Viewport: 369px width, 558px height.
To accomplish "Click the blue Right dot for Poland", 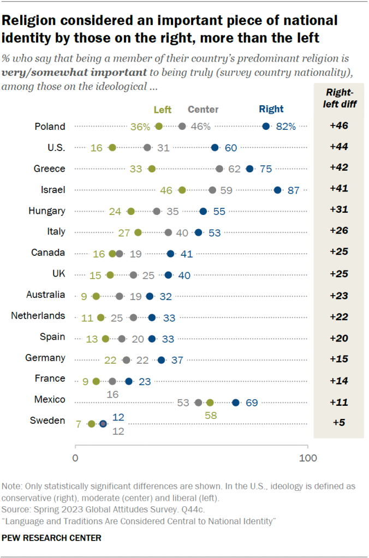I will click(x=266, y=127).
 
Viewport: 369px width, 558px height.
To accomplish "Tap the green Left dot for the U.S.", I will click(x=112, y=148).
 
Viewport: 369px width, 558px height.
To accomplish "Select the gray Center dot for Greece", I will click(x=219, y=169).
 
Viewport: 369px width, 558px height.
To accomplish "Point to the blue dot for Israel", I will click(x=277, y=190).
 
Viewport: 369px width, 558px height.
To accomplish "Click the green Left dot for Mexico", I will click(x=210, y=403).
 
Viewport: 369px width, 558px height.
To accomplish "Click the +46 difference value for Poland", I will click(x=339, y=127).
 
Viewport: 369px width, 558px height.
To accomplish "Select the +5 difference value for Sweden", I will click(x=339, y=422).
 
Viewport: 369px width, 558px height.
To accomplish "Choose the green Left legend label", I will click(x=163, y=110).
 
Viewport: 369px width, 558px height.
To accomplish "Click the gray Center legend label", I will click(x=203, y=110).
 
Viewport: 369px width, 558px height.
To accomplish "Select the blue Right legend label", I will click(x=272, y=110).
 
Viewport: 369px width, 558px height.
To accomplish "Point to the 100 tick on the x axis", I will click(x=308, y=458).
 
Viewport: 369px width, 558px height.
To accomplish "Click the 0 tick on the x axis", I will click(x=75, y=458).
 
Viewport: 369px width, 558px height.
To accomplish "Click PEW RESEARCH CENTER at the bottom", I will click(x=52, y=538).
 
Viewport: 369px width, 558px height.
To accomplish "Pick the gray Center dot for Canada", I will click(x=119, y=253).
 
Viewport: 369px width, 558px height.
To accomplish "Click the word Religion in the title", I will click(x=29, y=21).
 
